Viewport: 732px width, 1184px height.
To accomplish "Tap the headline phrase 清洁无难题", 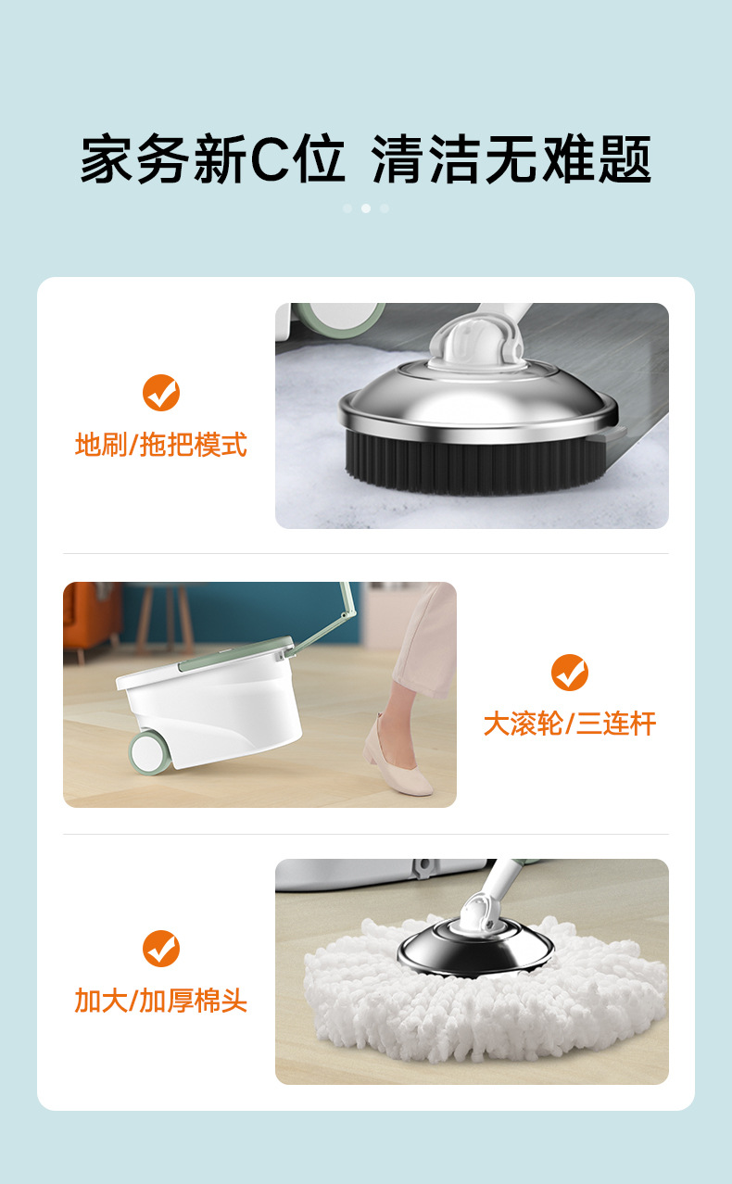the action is pyautogui.click(x=511, y=159).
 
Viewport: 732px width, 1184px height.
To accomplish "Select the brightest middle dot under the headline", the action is pyautogui.click(x=366, y=208).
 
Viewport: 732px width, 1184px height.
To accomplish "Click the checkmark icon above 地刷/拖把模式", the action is pyautogui.click(x=161, y=393).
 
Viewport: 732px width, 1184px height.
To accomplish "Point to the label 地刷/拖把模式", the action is pyautogui.click(x=161, y=444).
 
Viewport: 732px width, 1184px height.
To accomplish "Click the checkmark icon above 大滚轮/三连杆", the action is pyautogui.click(x=570, y=673).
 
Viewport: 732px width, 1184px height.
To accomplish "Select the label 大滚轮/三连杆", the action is pyautogui.click(x=570, y=724).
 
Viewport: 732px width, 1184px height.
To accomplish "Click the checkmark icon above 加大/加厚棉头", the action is pyautogui.click(x=161, y=949).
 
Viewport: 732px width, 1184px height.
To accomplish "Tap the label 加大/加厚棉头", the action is pyautogui.click(x=161, y=1000).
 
